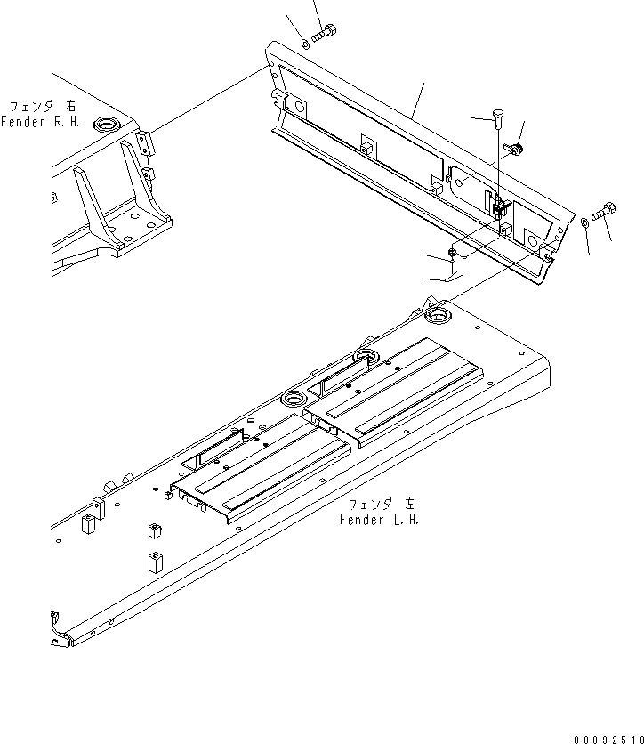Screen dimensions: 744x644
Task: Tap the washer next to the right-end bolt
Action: coord(584,222)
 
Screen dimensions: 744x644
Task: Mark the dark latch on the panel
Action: coord(499,209)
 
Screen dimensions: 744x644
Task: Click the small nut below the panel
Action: coord(453,254)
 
